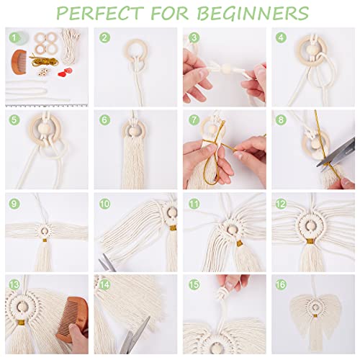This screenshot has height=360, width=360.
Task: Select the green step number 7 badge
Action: tap(194, 120)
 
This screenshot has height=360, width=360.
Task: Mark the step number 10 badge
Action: tap(106, 204)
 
